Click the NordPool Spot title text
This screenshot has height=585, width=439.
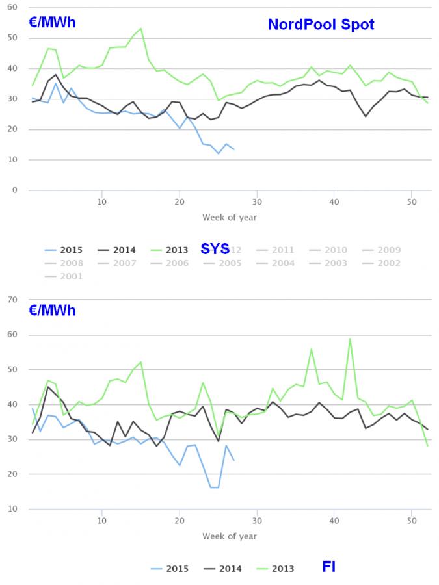(321, 25)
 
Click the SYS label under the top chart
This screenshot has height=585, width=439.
(215, 249)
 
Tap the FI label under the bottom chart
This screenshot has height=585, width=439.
(329, 567)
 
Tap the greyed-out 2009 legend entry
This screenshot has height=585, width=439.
(389, 250)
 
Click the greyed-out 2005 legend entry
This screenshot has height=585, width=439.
(230, 263)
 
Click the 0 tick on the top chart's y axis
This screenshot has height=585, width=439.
(15, 190)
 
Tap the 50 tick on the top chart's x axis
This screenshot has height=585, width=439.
(411, 201)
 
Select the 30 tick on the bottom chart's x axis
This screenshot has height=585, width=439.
(257, 521)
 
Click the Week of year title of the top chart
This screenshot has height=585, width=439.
(230, 217)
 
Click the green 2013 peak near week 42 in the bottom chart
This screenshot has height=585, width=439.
(350, 338)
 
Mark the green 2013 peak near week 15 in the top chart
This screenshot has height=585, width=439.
(140, 29)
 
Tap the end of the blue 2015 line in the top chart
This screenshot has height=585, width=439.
(233, 149)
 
